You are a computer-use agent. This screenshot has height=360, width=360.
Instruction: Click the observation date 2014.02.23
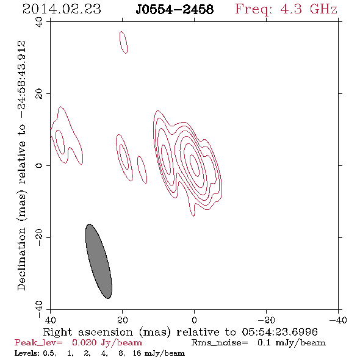pyautogui.click(x=62, y=9)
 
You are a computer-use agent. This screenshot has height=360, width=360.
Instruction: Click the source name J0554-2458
pyautogui.click(x=175, y=10)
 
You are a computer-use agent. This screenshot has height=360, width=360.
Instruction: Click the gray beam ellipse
pyautogui.click(x=99, y=261)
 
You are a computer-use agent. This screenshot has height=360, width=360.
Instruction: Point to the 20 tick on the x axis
pyautogui.click(x=123, y=320)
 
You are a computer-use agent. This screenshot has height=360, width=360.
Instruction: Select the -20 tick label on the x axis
pyautogui.click(x=266, y=320)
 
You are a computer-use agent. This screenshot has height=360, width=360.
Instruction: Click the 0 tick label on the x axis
pyautogui.click(x=194, y=320)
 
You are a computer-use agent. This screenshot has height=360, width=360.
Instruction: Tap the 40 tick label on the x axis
pyautogui.click(x=50, y=320)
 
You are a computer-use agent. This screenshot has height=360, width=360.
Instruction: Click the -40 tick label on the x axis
pyautogui.click(x=338, y=320)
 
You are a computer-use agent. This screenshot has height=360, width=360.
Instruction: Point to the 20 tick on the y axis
pyautogui.click(x=39, y=94)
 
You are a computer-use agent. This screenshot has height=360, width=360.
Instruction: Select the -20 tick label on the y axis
pyautogui.click(x=39, y=237)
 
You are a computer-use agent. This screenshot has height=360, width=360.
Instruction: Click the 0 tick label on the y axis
pyautogui.click(x=39, y=165)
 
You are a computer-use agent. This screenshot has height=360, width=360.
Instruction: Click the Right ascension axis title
pyautogui.click(x=180, y=332)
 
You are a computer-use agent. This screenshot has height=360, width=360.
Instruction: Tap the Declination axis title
pyautogui.click(x=21, y=165)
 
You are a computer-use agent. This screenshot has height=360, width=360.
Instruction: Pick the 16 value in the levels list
pyautogui.click(x=137, y=353)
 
